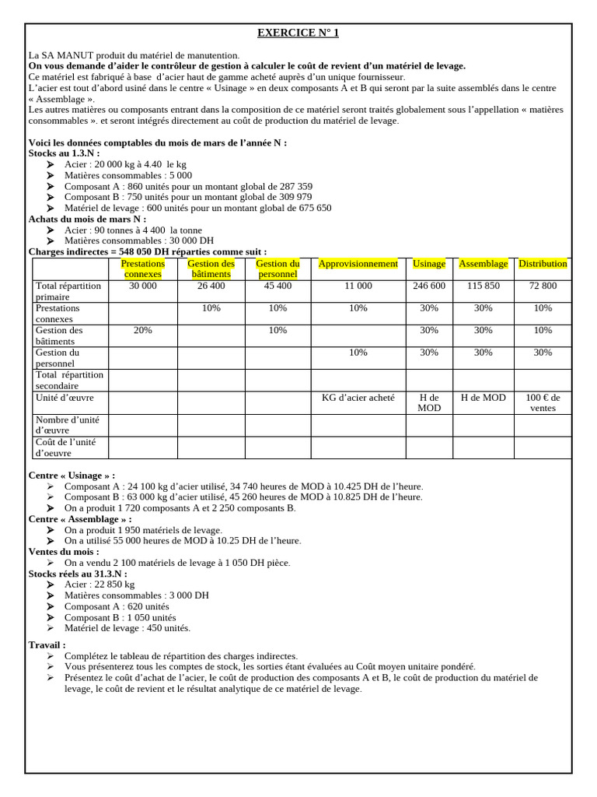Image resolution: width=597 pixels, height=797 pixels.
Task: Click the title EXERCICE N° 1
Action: coord(298,33)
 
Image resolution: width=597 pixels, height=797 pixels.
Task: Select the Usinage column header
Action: coord(429,264)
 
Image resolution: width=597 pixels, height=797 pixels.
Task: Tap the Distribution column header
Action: coord(543,264)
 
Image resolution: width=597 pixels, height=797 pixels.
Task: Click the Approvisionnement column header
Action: coord(358,264)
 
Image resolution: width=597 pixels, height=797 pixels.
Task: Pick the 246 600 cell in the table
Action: coord(429,286)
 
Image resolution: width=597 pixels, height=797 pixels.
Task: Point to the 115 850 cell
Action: coord(483,286)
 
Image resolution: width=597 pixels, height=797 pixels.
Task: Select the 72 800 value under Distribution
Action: coord(543,286)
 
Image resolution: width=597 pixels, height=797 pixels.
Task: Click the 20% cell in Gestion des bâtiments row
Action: coord(143,330)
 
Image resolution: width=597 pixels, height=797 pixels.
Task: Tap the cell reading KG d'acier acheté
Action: coord(358,398)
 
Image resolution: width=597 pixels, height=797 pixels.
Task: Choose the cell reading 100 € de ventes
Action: coord(543,402)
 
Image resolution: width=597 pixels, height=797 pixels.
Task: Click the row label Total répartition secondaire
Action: coord(69,380)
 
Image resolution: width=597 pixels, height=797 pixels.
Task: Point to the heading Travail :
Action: coord(47,645)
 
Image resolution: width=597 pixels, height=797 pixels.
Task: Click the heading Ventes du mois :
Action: coord(64,551)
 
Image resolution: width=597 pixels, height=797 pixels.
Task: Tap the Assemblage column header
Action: coord(483,264)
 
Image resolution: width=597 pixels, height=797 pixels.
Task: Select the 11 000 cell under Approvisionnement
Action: coord(358,286)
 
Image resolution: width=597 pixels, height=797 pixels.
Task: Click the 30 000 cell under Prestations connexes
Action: coord(143,286)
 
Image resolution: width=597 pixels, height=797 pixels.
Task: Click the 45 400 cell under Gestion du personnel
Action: coord(278,286)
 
